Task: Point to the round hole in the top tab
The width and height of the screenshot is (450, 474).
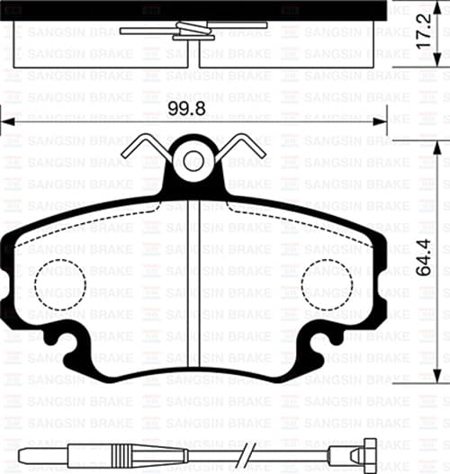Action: pyautogui.click(x=193, y=162)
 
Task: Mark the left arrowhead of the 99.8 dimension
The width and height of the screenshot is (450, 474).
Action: pyautogui.click(x=7, y=119)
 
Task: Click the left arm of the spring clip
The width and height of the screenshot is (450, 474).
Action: pyautogui.click(x=148, y=148)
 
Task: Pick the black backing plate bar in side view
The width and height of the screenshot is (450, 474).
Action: pyautogui.click(x=193, y=8)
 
